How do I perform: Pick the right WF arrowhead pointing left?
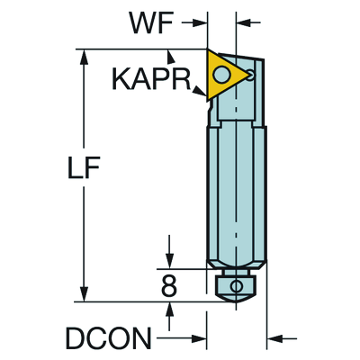point(245,17)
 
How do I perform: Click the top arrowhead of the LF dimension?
point(85,56)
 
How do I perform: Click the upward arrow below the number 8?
point(169,308)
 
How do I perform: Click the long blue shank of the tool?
point(236,189)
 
